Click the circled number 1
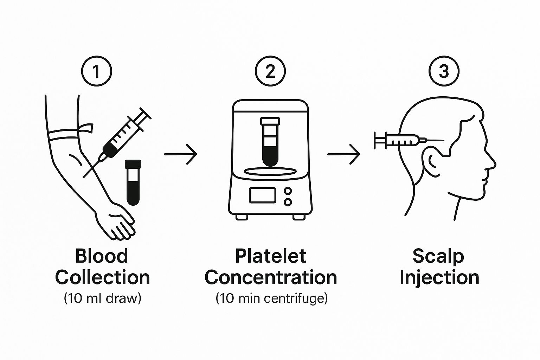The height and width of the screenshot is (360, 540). click(x=96, y=71)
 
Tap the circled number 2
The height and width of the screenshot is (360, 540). click(x=270, y=71)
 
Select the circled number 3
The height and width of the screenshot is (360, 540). click(x=444, y=71)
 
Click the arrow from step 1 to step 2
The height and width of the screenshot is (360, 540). click(x=180, y=154)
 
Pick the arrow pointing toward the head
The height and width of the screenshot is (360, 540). click(x=343, y=154)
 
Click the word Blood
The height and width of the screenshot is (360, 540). click(x=102, y=256)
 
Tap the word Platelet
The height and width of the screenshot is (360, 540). click(x=271, y=256)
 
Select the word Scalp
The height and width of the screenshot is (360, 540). click(x=438, y=256)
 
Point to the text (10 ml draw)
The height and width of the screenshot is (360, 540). click(x=102, y=298)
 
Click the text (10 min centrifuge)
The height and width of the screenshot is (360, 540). click(x=271, y=298)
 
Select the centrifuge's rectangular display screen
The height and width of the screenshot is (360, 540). click(x=262, y=195)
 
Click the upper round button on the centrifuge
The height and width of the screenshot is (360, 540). click(x=288, y=191)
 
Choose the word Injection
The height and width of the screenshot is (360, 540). click(x=439, y=278)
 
